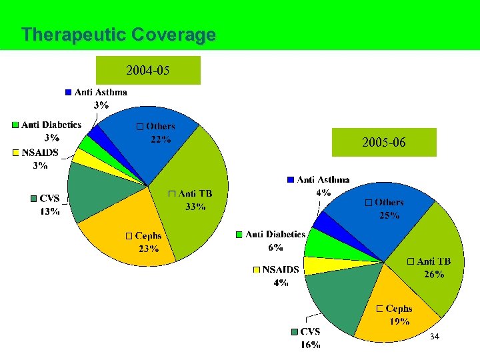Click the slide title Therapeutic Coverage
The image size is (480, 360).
118,35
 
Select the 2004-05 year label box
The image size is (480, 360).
148,70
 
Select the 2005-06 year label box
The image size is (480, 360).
384,142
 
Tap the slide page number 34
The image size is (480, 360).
435,337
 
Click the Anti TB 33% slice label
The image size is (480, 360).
191,200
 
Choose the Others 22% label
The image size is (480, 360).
157,133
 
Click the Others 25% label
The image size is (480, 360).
385,208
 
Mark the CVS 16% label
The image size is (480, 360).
307,338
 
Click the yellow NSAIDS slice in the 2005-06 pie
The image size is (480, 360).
313,266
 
